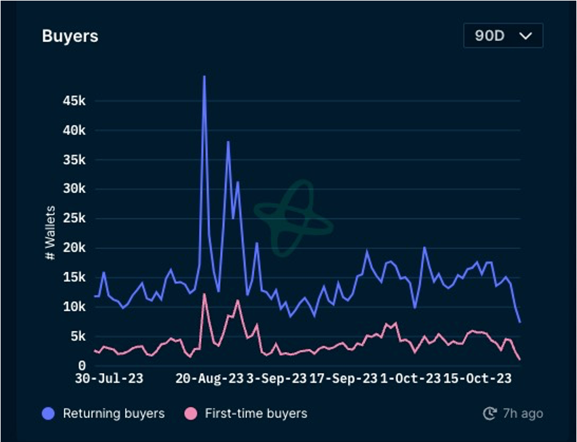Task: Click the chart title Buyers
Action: [x=70, y=36]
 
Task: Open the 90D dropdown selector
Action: [x=503, y=36]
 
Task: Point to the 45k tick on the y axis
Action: [x=74, y=101]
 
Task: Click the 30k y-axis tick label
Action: [x=74, y=189]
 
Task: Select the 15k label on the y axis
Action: [x=74, y=277]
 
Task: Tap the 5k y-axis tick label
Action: [x=78, y=336]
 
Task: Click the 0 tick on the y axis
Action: [x=82, y=365]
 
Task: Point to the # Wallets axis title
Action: [x=50, y=233]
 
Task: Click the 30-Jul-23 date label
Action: [x=109, y=379]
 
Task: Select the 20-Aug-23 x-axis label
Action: [x=209, y=379]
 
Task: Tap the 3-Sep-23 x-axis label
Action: [x=276, y=379]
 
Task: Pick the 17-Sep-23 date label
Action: [x=343, y=379]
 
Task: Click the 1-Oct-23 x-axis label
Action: [x=410, y=379]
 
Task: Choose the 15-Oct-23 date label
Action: [x=477, y=379]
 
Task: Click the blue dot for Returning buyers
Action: [x=48, y=413]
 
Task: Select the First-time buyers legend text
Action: [x=256, y=413]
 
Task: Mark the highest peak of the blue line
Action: [x=204, y=77]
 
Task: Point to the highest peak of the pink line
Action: [x=204, y=294]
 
